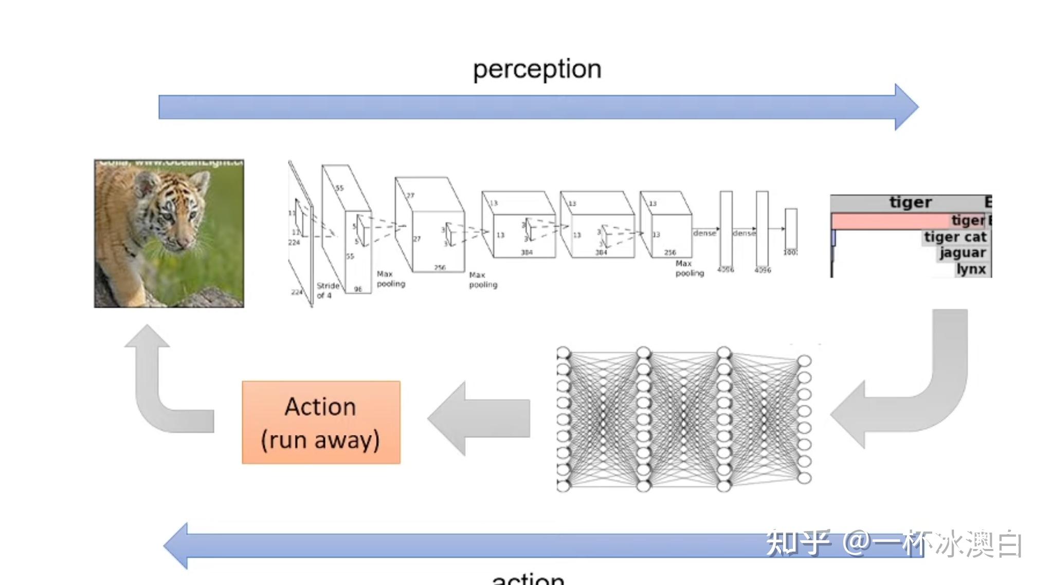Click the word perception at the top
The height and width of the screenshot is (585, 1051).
537,69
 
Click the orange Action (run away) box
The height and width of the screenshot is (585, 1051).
321,423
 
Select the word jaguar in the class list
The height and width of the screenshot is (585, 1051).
963,253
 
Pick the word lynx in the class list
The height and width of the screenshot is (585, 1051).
971,269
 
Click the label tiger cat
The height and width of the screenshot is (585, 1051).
955,237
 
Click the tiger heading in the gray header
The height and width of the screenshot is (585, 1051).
910,202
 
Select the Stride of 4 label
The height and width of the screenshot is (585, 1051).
328,290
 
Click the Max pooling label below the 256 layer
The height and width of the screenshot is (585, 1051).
689,268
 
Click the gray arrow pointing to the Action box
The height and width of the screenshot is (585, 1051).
478,418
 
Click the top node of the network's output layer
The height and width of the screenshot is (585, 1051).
804,361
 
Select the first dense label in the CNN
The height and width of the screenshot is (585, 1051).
704,233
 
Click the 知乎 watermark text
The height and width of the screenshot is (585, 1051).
798,543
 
